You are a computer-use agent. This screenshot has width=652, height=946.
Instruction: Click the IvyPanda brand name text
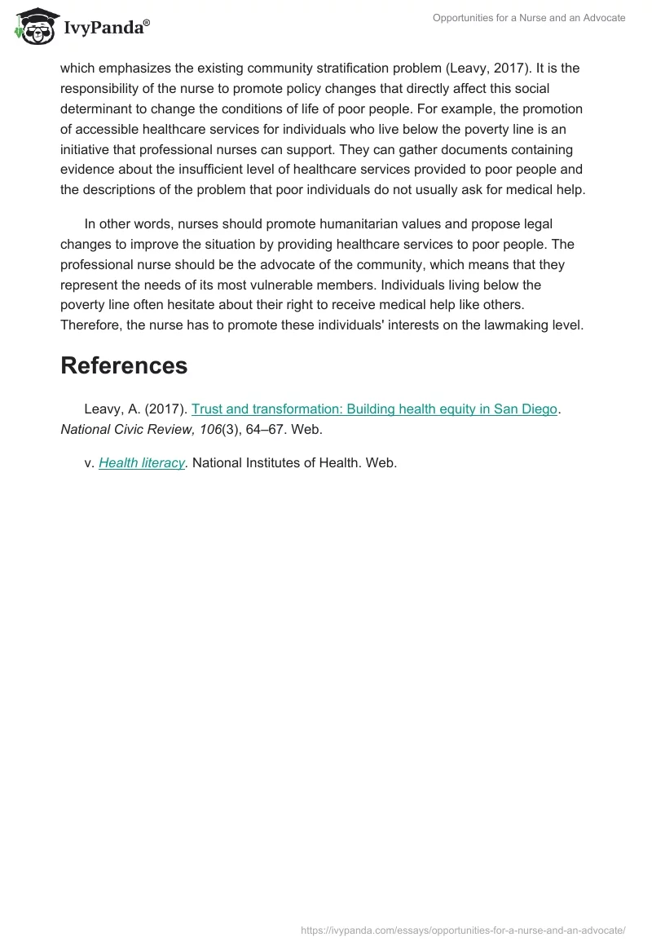tap(106, 28)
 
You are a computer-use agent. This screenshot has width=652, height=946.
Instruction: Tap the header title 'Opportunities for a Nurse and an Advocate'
tap(530, 18)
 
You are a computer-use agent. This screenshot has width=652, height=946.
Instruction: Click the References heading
tap(124, 366)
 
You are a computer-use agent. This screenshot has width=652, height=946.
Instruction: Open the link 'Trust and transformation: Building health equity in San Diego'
tap(374, 409)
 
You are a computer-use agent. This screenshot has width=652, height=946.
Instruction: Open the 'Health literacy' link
tap(143, 462)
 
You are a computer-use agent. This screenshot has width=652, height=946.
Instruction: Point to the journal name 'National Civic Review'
tap(124, 430)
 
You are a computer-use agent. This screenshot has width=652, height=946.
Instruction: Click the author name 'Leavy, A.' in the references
tap(112, 409)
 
